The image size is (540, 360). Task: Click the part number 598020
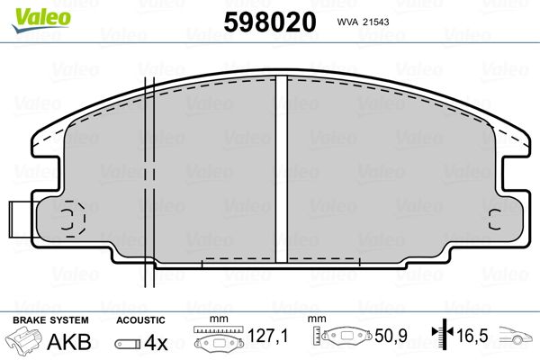[x=270, y=22]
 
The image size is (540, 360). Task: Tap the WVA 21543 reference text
[x=363, y=22]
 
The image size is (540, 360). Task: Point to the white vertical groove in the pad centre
[x=282, y=169]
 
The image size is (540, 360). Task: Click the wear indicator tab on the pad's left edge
[x=21, y=220]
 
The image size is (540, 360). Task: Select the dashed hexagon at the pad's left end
[x=73, y=219]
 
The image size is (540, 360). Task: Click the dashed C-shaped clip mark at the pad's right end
[x=495, y=220]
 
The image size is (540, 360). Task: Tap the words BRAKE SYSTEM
[x=50, y=320]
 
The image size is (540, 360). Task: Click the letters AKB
[x=69, y=342]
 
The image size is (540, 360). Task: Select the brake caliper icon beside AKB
[x=23, y=339]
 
